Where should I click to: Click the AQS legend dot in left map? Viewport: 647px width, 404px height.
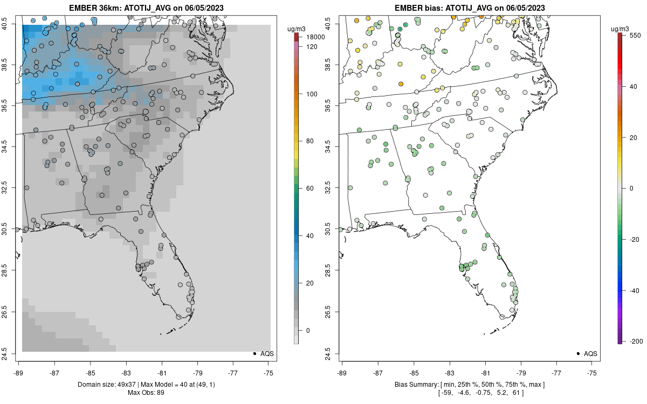[254, 353]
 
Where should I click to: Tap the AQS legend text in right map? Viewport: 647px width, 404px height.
[590, 353]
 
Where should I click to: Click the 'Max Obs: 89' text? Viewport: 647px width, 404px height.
[146, 392]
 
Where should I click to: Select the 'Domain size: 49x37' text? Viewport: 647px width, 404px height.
[112, 384]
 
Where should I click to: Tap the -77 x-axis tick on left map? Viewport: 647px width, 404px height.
[233, 372]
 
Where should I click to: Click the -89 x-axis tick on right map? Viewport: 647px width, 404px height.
[342, 372]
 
